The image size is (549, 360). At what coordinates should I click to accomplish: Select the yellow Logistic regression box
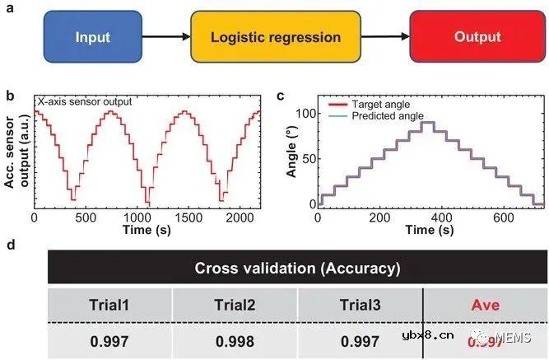coord(275,37)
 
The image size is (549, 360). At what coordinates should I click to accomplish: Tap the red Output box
coord(477,37)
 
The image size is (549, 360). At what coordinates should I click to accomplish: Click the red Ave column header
coord(486,306)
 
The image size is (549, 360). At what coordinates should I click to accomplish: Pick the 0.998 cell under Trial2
coord(233,340)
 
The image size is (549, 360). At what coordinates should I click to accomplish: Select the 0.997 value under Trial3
coord(360,340)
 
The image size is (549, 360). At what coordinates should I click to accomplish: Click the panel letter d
coord(9,245)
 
